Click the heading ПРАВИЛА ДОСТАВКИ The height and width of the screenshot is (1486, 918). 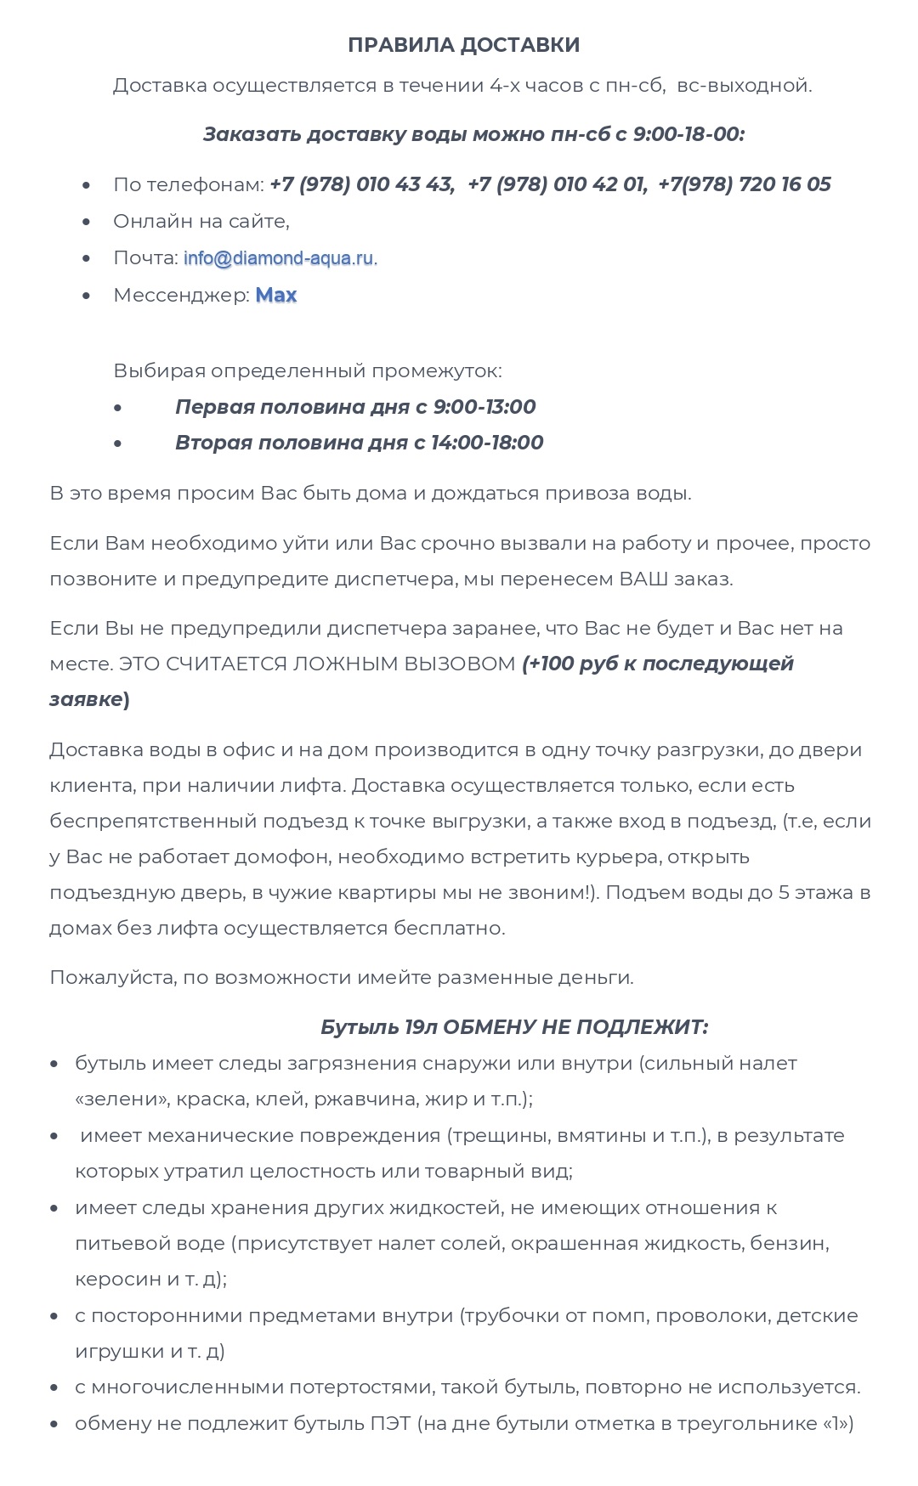coord(463,45)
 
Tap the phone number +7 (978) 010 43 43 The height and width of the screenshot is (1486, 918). coord(361,184)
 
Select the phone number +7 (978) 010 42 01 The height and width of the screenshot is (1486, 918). coord(557,184)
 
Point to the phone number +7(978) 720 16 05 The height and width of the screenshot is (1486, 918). coord(745,184)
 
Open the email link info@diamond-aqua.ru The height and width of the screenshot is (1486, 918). coord(278,258)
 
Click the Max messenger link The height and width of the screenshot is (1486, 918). coord(276,296)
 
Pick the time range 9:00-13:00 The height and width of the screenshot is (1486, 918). coord(484,407)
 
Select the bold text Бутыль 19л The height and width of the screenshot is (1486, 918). coord(378,1027)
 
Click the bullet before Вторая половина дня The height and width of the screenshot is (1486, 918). coord(117,444)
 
